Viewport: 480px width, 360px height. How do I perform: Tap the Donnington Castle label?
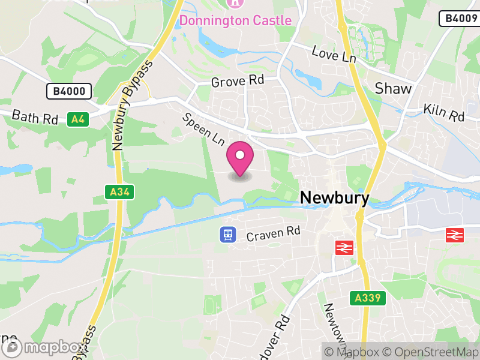coord(236,20)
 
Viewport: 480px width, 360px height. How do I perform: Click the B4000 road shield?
coord(69,91)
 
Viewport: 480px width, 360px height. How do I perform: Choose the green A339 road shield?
coord(366,298)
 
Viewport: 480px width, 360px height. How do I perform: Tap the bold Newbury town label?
coord(334,197)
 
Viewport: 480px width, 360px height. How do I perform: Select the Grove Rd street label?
coord(238,80)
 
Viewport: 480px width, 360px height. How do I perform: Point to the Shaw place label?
coord(393,89)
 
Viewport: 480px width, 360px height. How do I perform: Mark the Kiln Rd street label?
coord(444,112)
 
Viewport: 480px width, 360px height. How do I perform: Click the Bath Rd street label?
coord(35,116)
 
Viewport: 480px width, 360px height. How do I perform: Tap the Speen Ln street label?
coord(203,129)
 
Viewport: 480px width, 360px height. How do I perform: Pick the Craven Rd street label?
coord(273,233)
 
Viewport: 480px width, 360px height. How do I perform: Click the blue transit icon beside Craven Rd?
coord(228,234)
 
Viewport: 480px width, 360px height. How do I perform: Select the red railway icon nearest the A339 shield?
coord(344,247)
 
